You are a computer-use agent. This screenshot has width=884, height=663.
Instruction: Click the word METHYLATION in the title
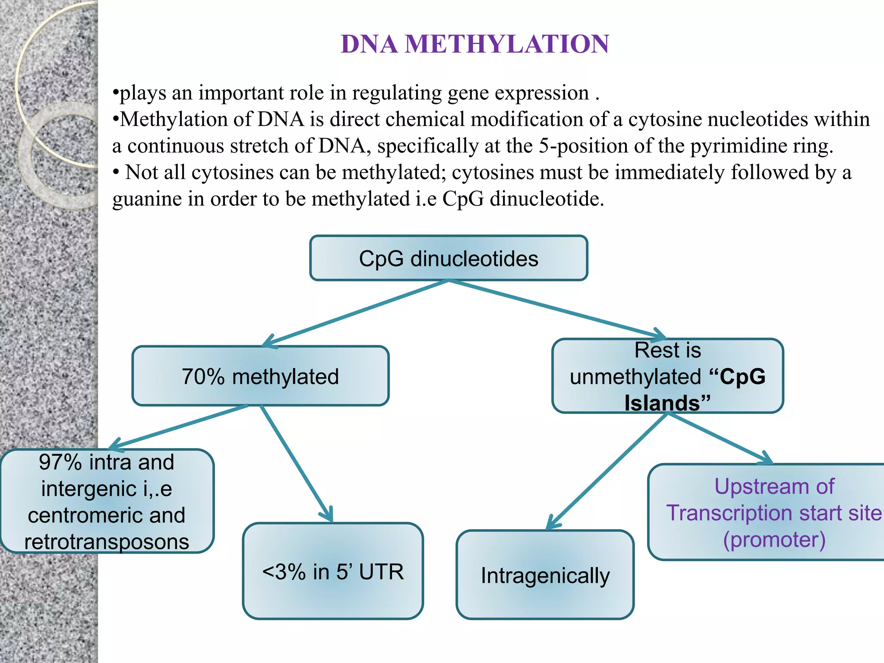pyautogui.click(x=507, y=44)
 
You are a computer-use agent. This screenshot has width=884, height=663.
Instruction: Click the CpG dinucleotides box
pyautogui.click(x=448, y=259)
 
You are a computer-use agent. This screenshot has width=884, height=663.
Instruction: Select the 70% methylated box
pyautogui.click(x=260, y=376)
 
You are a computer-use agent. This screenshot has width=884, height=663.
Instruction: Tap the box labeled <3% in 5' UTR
pyautogui.click(x=333, y=571)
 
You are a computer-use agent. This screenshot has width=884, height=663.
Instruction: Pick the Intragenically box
pyautogui.click(x=545, y=575)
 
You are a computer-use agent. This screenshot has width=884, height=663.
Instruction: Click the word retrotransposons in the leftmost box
pyautogui.click(x=107, y=542)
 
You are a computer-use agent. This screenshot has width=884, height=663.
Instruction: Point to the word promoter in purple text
pyautogui.click(x=774, y=540)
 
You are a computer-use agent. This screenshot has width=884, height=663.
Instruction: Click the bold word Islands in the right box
pyautogui.click(x=662, y=403)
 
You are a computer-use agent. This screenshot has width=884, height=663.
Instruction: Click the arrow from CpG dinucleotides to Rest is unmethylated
pyautogui.click(x=557, y=309)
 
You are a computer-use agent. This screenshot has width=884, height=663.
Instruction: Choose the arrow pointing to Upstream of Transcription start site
pyautogui.click(x=720, y=438)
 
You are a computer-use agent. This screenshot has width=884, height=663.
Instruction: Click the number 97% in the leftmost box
pyautogui.click(x=60, y=462)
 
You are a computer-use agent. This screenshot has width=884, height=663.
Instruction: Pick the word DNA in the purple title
pyautogui.click(x=369, y=44)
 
